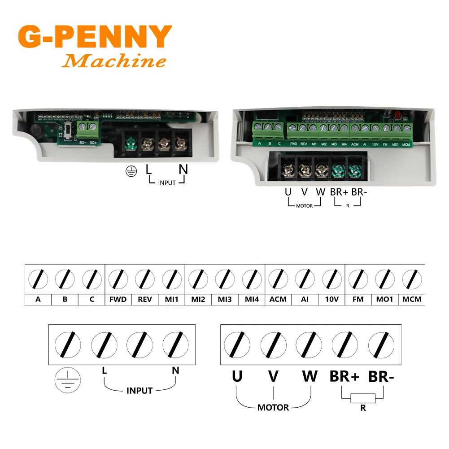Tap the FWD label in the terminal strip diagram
click(x=118, y=299)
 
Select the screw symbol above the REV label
click(x=145, y=279)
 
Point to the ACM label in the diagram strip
click(x=278, y=299)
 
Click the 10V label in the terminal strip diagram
click(x=331, y=299)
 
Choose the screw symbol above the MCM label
click(x=412, y=279)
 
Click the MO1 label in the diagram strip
click(x=385, y=299)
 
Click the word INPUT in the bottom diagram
click(x=139, y=391)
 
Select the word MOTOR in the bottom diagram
click(x=273, y=408)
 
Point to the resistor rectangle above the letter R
click(x=363, y=399)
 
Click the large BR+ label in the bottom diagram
click(x=344, y=377)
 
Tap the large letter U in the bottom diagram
click(x=237, y=376)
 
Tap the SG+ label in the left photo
click(x=93, y=143)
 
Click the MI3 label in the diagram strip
click(x=225, y=299)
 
